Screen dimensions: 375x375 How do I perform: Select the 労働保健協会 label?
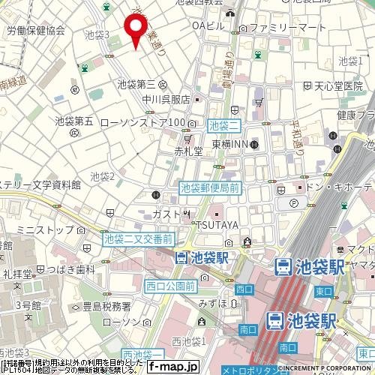35,31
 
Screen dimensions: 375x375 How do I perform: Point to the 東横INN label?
228,144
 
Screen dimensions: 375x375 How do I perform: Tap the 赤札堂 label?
188,151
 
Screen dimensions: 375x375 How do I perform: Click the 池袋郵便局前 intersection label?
210,189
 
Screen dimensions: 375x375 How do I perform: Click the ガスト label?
164,214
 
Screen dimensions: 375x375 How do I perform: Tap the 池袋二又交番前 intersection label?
139,238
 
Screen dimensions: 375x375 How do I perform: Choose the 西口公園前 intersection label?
171,286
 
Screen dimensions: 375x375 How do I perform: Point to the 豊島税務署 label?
105,306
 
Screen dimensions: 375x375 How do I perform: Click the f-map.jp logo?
173,367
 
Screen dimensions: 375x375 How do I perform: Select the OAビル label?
208,26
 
